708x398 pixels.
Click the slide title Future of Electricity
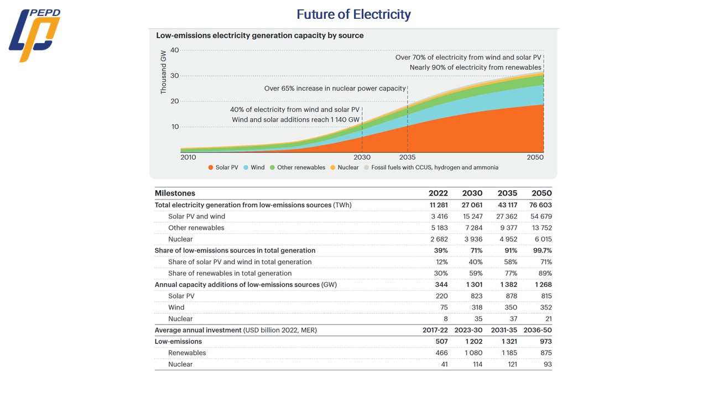coord(353,14)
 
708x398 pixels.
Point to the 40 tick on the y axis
coord(175,50)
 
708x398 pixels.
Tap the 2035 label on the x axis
coord(408,158)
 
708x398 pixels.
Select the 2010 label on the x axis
coord(189,158)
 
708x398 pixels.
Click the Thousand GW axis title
coord(163,72)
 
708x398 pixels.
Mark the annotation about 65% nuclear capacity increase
coord(335,88)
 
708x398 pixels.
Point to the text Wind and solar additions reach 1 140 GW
coord(295,120)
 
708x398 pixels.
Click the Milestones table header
coord(175,193)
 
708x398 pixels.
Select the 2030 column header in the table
coord(472,193)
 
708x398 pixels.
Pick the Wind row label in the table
coord(176,307)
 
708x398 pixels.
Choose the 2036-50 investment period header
coord(538,330)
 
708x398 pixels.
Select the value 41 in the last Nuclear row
coord(444,364)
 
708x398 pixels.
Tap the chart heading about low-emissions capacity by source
coord(260,35)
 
